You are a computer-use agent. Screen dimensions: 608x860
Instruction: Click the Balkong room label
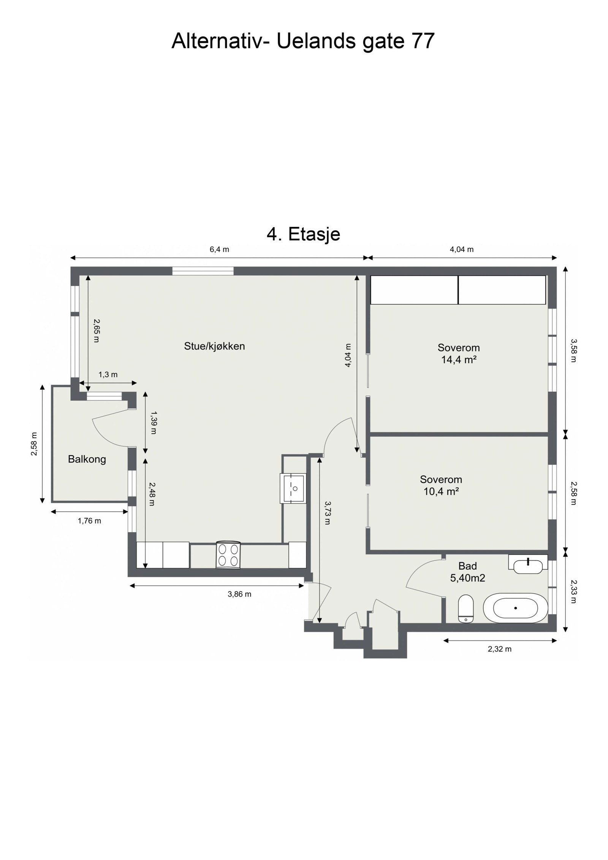(87, 459)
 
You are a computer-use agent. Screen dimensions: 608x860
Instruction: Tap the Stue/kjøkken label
(214, 346)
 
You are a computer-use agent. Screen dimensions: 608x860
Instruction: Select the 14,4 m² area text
(459, 359)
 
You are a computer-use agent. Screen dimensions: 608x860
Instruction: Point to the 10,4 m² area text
(441, 492)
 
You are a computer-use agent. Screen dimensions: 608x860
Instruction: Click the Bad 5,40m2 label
(467, 572)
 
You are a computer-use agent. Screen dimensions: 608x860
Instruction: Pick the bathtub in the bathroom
(515, 608)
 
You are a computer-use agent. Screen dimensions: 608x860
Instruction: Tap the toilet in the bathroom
(465, 609)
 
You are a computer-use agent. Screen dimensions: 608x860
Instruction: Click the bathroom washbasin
(528, 566)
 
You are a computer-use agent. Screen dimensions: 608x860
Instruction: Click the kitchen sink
(293, 488)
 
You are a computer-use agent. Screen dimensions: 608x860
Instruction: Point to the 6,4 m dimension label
(219, 250)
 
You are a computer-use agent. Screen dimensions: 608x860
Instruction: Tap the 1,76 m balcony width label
(89, 521)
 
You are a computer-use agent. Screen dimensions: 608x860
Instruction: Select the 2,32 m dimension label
(500, 649)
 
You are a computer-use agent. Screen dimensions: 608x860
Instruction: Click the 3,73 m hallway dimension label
(327, 512)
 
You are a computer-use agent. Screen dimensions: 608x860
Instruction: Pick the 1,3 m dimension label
(108, 375)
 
